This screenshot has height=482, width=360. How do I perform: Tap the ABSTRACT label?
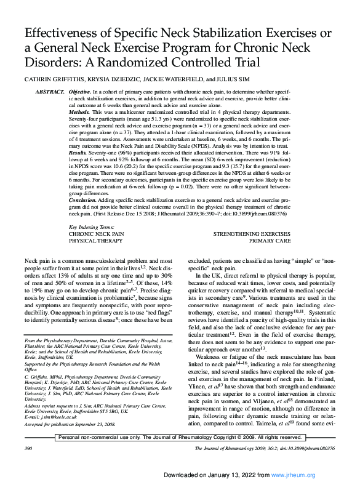49,91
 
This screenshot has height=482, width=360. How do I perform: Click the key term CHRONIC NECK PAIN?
79,235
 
